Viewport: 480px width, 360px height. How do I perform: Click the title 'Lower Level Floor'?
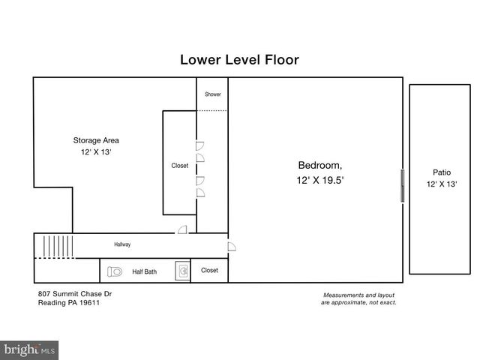[x=239, y=59]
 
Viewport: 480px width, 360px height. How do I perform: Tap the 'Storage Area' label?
[x=95, y=139]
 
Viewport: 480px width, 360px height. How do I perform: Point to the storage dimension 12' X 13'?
[x=95, y=152]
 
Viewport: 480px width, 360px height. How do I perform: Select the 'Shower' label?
[x=213, y=94]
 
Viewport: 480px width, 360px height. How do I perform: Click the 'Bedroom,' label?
[x=320, y=165]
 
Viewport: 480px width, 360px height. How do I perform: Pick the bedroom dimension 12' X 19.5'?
[x=320, y=181]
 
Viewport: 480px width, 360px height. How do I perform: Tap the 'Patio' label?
[x=442, y=172]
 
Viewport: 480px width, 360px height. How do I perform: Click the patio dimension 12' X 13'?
[x=442, y=184]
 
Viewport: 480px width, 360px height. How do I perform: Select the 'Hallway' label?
[x=122, y=244]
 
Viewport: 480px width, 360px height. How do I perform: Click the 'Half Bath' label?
[x=144, y=271]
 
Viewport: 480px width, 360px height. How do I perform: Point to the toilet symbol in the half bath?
[x=115, y=271]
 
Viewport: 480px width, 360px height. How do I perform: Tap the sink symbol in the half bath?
[x=182, y=271]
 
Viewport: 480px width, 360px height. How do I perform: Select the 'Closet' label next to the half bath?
[x=210, y=270]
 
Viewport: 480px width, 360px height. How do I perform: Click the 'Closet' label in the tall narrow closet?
[x=180, y=166]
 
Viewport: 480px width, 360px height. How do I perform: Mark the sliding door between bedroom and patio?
[x=403, y=185]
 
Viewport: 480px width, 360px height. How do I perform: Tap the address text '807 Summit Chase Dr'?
[x=74, y=294]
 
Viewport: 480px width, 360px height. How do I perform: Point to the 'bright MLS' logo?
[x=30, y=349]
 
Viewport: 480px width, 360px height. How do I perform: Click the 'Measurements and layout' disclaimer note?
[x=358, y=295]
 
